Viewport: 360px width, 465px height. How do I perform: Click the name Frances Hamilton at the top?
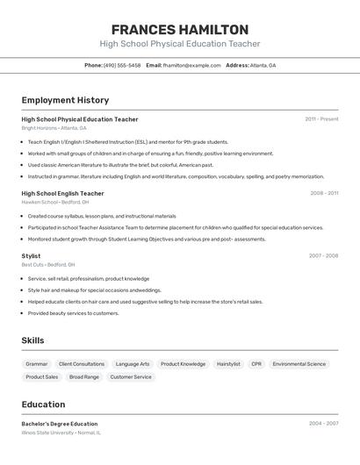180,30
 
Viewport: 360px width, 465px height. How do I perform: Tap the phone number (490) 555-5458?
122,65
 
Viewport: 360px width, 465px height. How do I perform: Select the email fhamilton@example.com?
191,65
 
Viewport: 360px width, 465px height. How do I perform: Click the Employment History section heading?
65,100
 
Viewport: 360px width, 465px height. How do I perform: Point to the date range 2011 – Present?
321,119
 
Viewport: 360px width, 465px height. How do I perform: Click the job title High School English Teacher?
62,193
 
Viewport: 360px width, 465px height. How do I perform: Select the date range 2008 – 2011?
324,193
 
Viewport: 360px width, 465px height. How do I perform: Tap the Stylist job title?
31,256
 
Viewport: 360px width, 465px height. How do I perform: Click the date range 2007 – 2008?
323,256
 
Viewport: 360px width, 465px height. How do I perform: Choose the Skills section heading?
32,340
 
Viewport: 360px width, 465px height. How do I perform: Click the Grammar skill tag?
37,363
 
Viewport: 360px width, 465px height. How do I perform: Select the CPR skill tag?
256,363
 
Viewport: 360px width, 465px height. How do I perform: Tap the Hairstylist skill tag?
228,363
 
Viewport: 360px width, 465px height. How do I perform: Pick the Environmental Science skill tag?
299,363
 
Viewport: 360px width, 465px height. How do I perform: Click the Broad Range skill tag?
84,376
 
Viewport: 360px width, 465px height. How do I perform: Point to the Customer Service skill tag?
131,376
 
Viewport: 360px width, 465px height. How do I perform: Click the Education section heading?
43,404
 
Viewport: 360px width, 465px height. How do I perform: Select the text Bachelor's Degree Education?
60,424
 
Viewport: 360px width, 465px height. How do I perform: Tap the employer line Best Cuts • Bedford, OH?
48,264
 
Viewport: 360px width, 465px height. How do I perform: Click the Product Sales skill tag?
42,376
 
